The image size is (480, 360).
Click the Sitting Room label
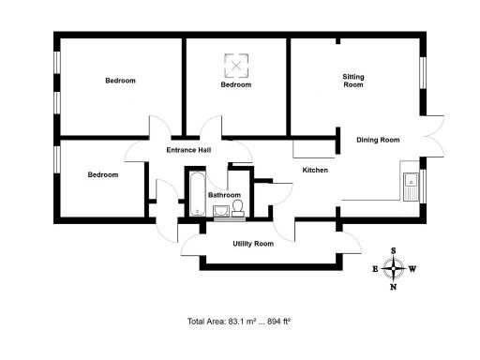coord(352,81)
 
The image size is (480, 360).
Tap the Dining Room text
coord(378,140)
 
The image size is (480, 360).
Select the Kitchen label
coord(314,170)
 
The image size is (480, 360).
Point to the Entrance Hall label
coord(188,150)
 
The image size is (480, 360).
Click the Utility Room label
coord(253,244)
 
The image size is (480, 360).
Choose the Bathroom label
coord(225,195)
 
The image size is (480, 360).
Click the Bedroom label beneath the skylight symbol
coord(236,85)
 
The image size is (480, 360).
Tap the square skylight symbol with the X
coord(236,65)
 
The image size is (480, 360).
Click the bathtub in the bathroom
coord(197,195)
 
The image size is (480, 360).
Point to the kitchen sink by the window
coord(410,186)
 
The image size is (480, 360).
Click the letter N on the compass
coord(394,287)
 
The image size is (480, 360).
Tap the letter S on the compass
coord(394,250)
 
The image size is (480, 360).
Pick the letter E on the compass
coord(375,269)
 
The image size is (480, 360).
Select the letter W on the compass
coord(413,269)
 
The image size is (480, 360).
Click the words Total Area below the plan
coord(206,322)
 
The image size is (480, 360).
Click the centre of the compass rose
coord(394,269)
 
